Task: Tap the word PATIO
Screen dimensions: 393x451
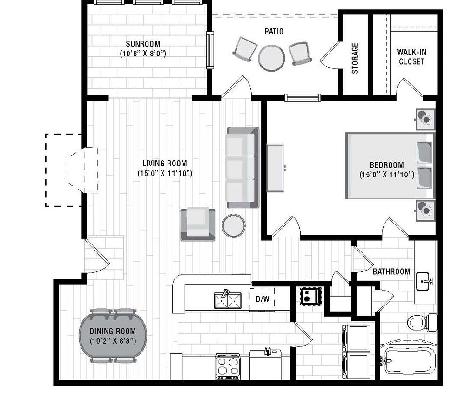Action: tap(274, 32)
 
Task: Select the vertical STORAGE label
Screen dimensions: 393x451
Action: tap(355, 58)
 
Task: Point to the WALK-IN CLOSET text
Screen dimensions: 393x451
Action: tap(411, 56)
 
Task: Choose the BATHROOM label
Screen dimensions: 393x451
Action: tap(391, 271)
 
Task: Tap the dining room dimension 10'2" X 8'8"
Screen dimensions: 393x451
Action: tap(113, 340)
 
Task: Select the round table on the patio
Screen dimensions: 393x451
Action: tap(272, 58)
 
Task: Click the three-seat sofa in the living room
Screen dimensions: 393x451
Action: tap(242, 167)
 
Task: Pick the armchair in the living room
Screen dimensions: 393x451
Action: tap(198, 224)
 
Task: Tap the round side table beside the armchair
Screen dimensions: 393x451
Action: tap(233, 225)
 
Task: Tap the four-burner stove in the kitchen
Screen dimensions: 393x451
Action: tap(229, 366)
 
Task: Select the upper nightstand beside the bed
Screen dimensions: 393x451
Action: tap(424, 118)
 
